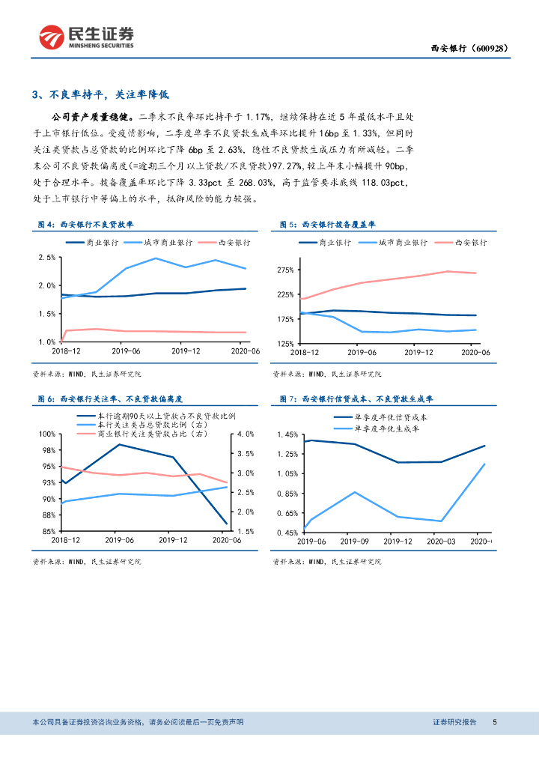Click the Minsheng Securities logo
[87, 35]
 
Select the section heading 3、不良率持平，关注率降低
[101, 95]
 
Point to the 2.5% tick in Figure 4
[46, 258]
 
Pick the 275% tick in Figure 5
[284, 270]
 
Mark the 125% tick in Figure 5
[284, 343]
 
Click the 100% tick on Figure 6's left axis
[47, 434]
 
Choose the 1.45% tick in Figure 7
[287, 434]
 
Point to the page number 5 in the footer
[495, 722]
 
